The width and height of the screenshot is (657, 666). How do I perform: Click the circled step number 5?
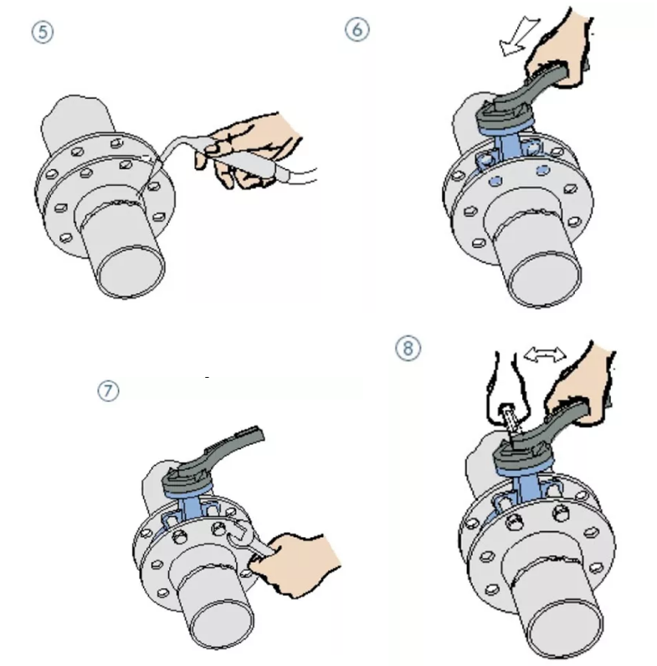pos(43,33)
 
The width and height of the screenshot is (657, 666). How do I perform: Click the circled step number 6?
pos(357,29)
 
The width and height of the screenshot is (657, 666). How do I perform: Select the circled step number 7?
pos(108,390)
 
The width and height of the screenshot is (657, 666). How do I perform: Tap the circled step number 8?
pos(408,348)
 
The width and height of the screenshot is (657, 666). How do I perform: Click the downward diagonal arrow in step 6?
pos(519,36)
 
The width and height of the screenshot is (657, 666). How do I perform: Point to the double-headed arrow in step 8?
pos(545,354)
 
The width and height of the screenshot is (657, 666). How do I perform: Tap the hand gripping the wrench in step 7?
pos(297,564)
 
